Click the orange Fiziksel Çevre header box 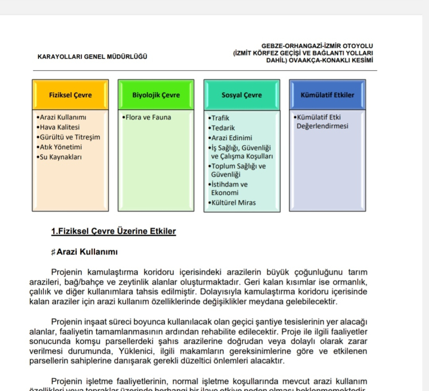click(70, 94)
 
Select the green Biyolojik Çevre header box click(156, 94)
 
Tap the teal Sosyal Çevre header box click(241, 94)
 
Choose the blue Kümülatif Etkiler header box click(327, 94)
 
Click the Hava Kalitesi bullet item click(58, 127)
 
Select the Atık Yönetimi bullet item click(58, 147)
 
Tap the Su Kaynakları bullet click(59, 157)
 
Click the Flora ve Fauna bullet click(147, 117)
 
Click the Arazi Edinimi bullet click(231, 138)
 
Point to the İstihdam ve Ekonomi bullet click(228, 189)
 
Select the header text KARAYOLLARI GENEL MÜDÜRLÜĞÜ click(92, 57)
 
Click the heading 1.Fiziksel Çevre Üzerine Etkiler click(113, 232)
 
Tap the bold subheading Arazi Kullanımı click(87, 252)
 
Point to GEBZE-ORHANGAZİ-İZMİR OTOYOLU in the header click(317, 46)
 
